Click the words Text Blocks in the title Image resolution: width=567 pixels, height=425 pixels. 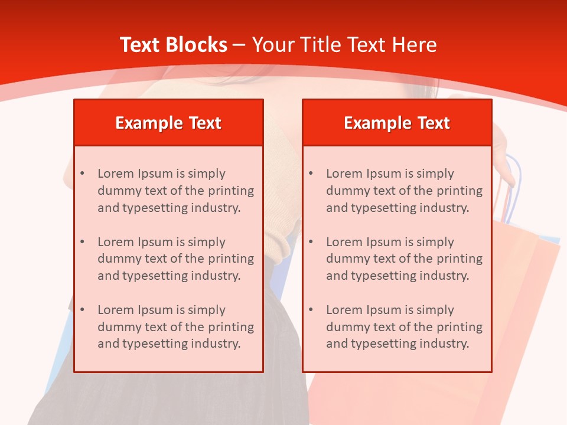pyautogui.click(x=173, y=45)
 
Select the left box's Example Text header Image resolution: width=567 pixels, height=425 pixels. pyautogui.click(x=168, y=123)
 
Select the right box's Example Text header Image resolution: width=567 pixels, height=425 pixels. pyautogui.click(x=397, y=123)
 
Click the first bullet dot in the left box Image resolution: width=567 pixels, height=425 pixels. pyautogui.click(x=83, y=174)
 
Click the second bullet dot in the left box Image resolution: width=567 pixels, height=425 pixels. pyautogui.click(x=83, y=242)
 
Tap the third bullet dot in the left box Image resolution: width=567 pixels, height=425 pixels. pyautogui.click(x=83, y=310)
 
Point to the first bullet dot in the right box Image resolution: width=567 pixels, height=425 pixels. pyautogui.click(x=311, y=174)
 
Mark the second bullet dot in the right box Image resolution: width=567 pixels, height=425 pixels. pyautogui.click(x=311, y=242)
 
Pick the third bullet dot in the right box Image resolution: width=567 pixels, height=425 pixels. pyautogui.click(x=311, y=310)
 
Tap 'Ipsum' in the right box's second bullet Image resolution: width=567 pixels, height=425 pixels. pyautogui.click(x=383, y=242)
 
